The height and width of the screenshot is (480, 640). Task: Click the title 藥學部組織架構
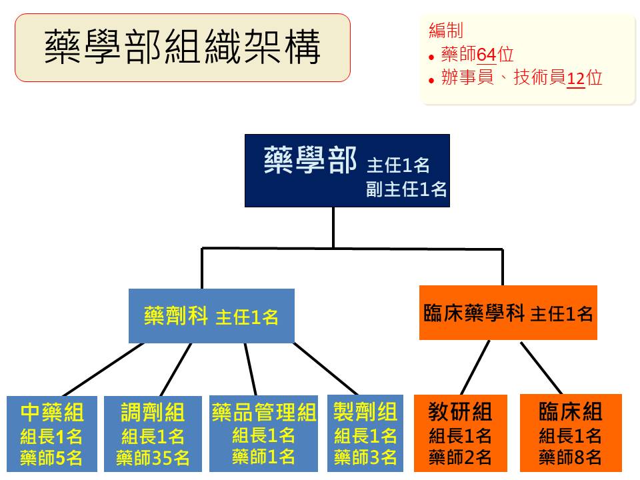(x=183, y=47)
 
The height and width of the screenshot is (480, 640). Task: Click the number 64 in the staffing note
(x=486, y=55)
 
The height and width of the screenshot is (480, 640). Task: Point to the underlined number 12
(x=576, y=78)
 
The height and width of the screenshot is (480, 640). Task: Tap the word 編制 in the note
(x=446, y=31)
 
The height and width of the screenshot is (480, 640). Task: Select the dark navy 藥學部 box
(x=347, y=171)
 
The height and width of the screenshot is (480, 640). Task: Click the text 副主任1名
(x=406, y=189)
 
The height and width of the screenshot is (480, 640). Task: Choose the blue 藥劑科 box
(x=211, y=316)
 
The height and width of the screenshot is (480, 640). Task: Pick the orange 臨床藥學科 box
(x=508, y=313)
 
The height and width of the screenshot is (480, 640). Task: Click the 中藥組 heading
(x=52, y=412)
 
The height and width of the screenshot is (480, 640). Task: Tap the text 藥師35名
(x=153, y=458)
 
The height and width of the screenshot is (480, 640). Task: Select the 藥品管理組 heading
(x=264, y=412)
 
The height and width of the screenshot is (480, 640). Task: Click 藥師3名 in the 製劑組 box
(x=365, y=457)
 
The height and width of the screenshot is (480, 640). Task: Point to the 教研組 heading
(x=460, y=411)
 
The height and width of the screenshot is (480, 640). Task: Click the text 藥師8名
(x=570, y=457)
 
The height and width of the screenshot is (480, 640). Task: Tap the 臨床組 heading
(x=571, y=411)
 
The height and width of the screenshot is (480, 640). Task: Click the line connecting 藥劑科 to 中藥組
(x=103, y=369)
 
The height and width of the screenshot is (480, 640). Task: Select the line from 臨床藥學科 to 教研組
(x=475, y=367)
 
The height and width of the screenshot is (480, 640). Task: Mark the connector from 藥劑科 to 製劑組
(x=326, y=369)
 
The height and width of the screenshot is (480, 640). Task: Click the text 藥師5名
(x=51, y=458)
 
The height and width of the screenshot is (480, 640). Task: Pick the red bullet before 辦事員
(x=431, y=81)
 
